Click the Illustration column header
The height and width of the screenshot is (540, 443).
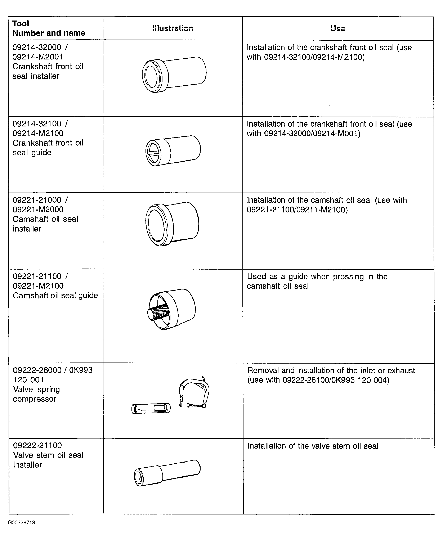coord(173,28)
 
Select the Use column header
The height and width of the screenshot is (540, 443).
coord(338,28)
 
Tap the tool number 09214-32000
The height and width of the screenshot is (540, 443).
coord(37,47)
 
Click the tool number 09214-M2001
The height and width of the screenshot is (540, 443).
coord(38,57)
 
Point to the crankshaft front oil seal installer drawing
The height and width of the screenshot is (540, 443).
coord(174,75)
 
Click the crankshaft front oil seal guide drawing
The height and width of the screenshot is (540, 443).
coord(173,150)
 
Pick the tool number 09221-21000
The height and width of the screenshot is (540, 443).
coord(37,200)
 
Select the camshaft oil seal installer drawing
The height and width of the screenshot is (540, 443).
coord(172,224)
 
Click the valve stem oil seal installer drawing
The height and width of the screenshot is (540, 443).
coord(167,473)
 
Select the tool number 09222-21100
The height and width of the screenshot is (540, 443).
coord(37,445)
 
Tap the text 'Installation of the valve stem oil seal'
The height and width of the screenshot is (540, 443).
coord(313,446)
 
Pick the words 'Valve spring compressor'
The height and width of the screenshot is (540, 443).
coord(36,394)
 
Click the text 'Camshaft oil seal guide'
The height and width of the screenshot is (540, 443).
coord(55,295)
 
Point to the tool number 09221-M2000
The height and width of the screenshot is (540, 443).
coord(38,210)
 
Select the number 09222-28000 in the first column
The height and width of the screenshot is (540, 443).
coord(37,370)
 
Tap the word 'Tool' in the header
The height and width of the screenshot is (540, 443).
coord(21,23)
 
